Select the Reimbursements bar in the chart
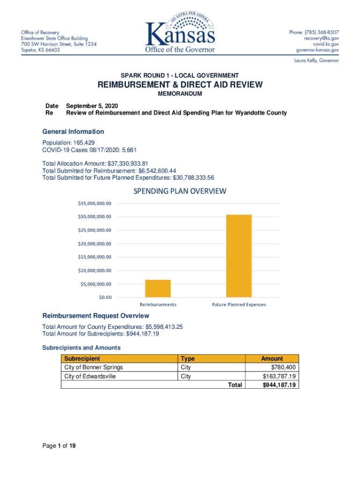coord(158,288)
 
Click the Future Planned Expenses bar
coord(239,256)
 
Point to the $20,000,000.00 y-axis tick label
coord(94,244)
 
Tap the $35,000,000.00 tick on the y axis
coord(94,203)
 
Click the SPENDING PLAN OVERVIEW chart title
coord(180,191)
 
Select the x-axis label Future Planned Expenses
coord(239,305)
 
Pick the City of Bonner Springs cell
coord(94,367)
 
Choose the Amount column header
coord(272,358)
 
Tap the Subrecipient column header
coord(82,358)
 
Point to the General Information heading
coord(73,131)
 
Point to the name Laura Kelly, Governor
coord(317,60)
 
